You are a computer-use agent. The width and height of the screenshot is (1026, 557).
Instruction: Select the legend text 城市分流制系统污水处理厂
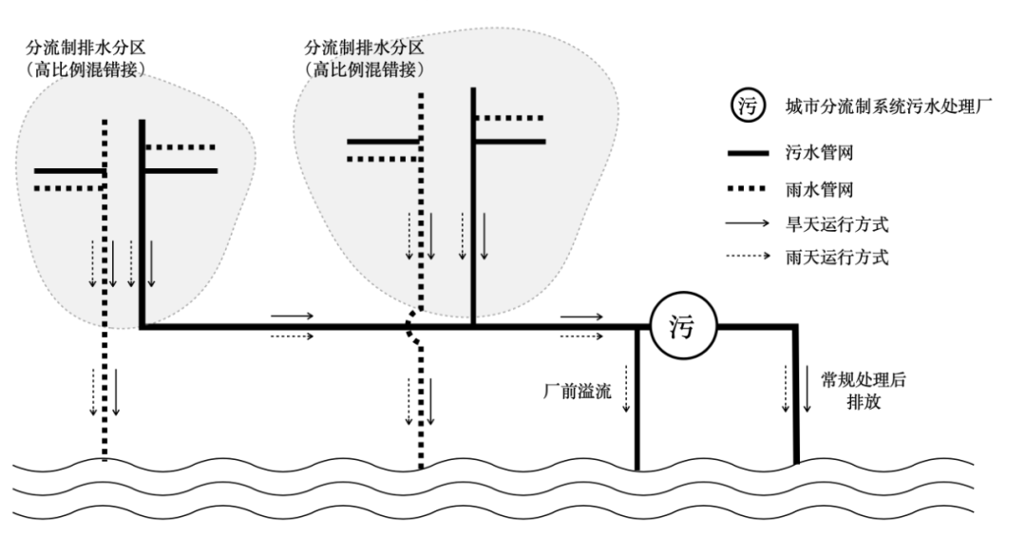[x=889, y=106]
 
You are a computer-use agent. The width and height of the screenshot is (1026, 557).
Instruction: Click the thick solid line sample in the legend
[x=749, y=151]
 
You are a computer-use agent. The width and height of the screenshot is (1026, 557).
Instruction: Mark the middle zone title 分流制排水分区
[x=364, y=47]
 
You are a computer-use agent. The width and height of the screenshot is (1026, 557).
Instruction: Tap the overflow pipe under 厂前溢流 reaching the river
[x=636, y=418]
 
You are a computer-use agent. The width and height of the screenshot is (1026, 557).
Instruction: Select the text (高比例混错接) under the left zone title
[x=86, y=69]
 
